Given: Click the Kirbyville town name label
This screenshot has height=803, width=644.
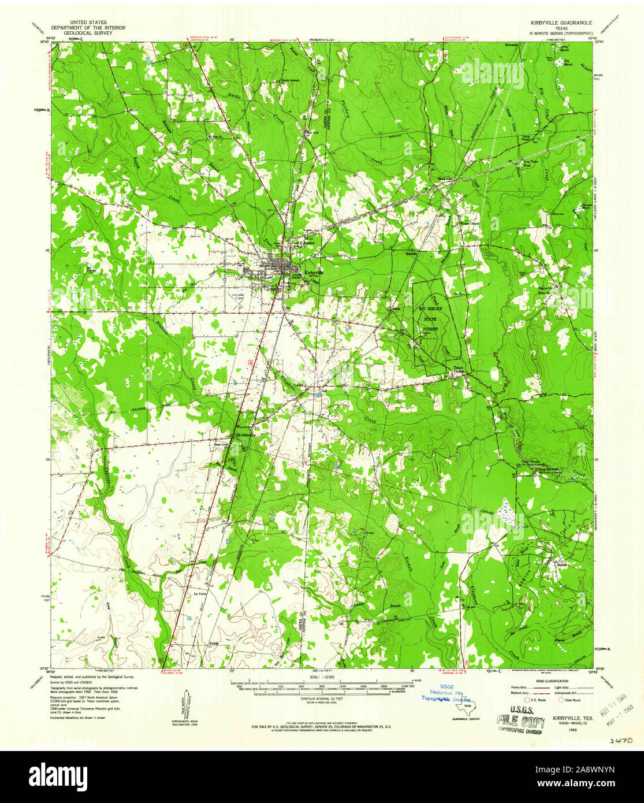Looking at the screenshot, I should [314, 272].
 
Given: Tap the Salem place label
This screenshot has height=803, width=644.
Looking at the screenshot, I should [559, 562].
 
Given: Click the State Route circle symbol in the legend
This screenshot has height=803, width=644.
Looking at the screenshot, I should [561, 700].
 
